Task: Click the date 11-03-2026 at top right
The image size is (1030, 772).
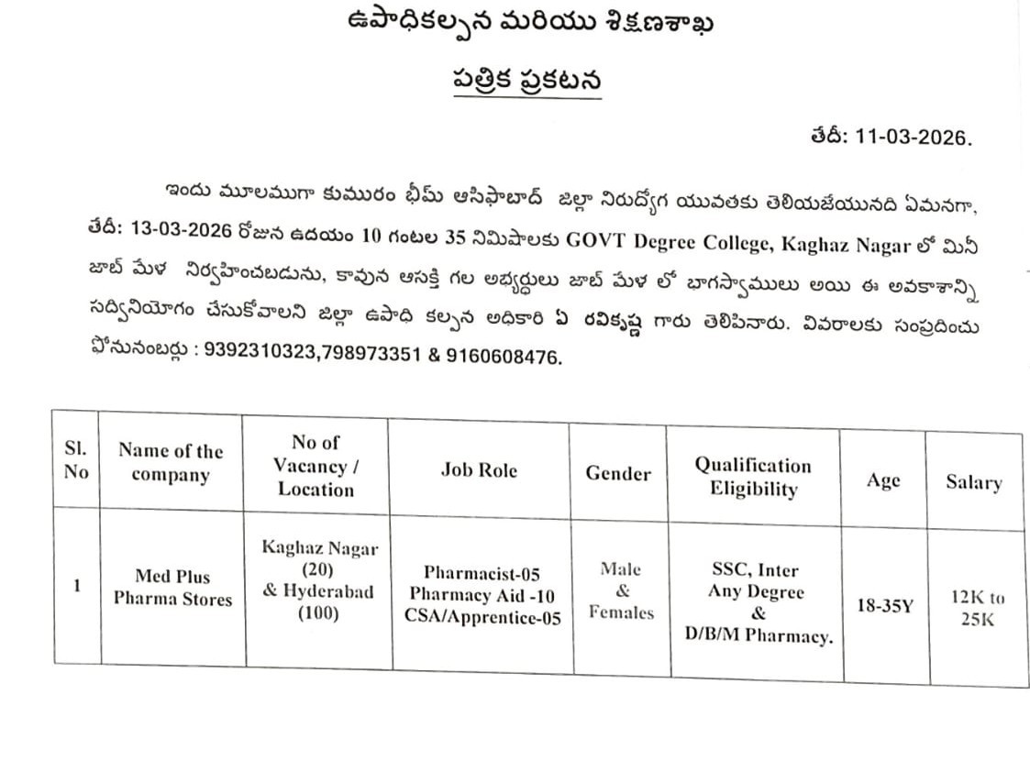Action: point(913,138)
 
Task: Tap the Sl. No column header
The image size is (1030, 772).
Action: point(76,461)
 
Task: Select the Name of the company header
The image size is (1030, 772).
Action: point(171,463)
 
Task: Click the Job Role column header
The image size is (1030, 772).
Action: point(479,470)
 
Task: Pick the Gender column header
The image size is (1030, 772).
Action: point(618,474)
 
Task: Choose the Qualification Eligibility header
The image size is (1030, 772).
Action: point(753,477)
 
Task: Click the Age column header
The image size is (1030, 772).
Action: point(883,480)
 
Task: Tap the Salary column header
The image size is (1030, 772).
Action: point(974,483)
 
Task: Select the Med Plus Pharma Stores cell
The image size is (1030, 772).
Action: point(172,588)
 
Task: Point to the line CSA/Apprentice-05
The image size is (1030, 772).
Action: point(482,617)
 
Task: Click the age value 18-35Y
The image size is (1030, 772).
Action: point(884,607)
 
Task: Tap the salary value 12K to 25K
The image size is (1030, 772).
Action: point(977,608)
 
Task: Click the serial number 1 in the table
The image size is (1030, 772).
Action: point(77,584)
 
